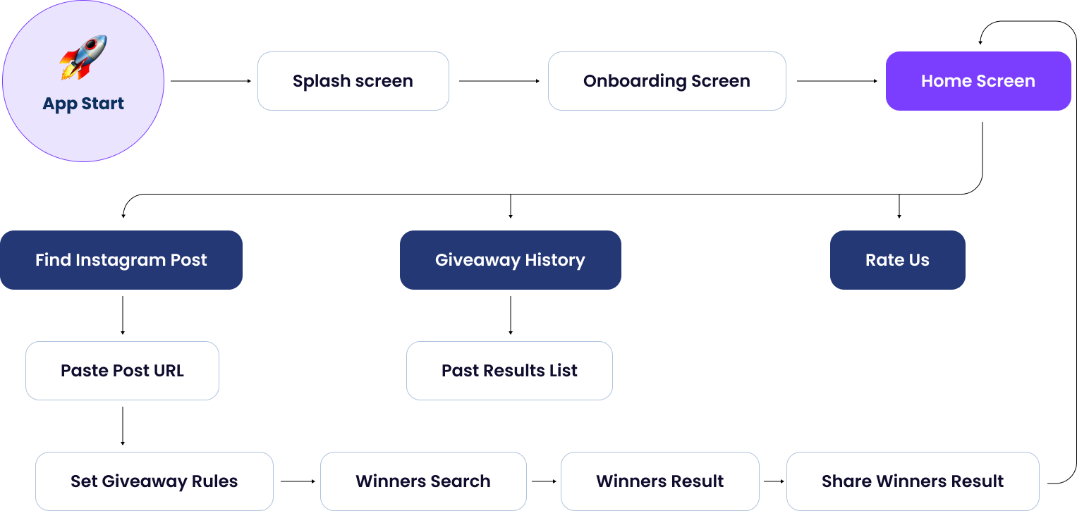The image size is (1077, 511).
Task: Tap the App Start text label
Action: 83,104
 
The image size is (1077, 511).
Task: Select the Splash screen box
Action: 353,81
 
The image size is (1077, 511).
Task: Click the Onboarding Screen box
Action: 667,81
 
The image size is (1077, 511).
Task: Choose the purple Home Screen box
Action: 978,81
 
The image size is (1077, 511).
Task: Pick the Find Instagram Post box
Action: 121,260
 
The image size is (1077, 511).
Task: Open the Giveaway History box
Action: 510,260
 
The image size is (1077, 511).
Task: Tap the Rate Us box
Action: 897,260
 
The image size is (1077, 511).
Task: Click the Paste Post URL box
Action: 122,371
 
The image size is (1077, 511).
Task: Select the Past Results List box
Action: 509,371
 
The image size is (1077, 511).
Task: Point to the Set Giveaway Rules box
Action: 154,481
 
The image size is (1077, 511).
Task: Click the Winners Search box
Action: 423,481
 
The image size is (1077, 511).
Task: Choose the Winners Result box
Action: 659,481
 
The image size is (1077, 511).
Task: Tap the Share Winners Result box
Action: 913,481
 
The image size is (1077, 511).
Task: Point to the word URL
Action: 169,371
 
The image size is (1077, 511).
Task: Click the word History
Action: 554,260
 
